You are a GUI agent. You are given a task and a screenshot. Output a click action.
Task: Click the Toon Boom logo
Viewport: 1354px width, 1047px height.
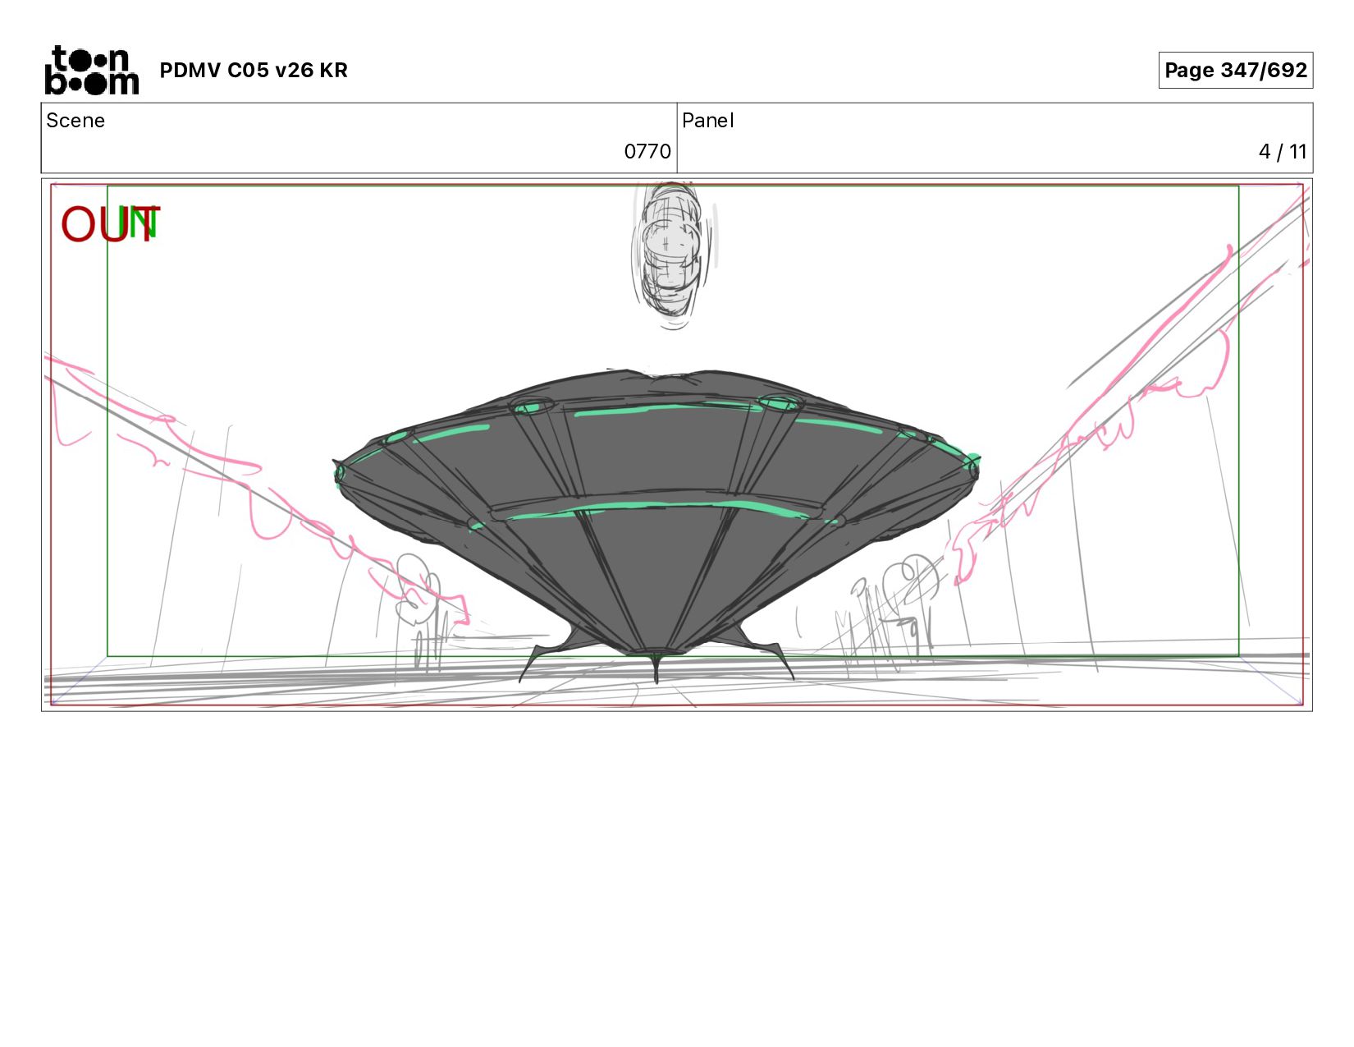pyautogui.click(x=92, y=70)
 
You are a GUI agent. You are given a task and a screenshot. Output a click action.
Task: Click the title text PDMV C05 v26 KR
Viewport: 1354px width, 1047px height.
pyautogui.click(x=253, y=70)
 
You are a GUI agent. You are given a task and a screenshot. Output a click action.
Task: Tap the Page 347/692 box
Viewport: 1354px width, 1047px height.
pyautogui.click(x=1235, y=70)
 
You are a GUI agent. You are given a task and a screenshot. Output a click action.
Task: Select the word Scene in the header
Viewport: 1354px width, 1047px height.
pyautogui.click(x=75, y=121)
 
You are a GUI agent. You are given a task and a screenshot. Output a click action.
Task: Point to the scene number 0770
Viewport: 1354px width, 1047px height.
pyautogui.click(x=647, y=152)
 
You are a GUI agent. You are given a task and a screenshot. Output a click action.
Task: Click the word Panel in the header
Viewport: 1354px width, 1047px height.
pyautogui.click(x=708, y=121)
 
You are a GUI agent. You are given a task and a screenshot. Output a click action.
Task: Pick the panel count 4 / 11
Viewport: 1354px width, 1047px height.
pyautogui.click(x=1283, y=152)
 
